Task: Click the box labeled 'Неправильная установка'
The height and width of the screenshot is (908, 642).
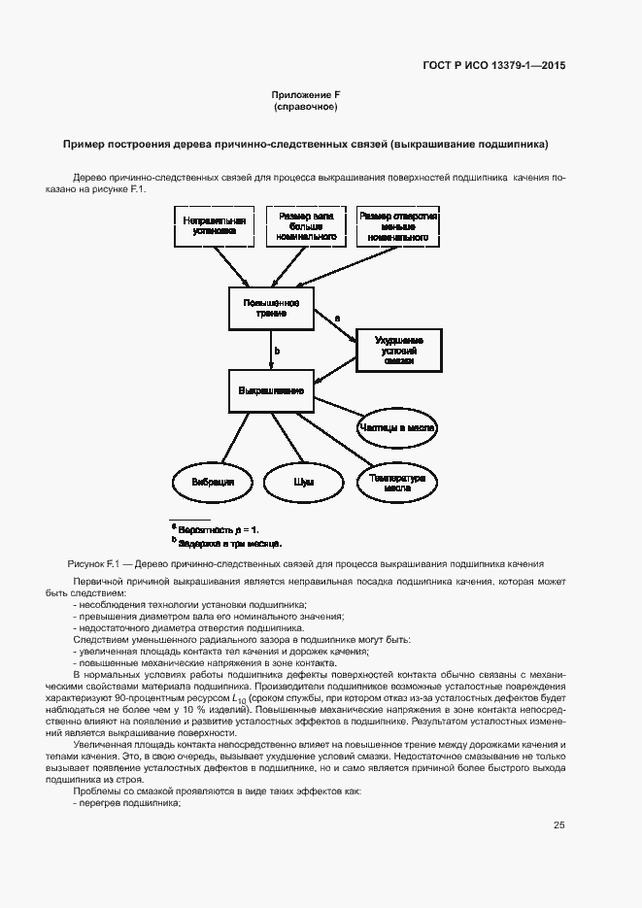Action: (215, 226)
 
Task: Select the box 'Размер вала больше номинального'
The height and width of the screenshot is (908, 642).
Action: (306, 226)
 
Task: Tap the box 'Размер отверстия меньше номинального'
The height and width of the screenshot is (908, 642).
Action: (398, 226)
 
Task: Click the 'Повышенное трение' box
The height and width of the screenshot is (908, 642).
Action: (271, 308)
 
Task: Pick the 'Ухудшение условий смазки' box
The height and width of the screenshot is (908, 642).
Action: (397, 351)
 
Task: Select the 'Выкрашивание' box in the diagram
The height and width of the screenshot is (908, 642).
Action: (271, 390)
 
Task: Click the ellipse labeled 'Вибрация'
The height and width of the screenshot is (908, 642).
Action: (212, 482)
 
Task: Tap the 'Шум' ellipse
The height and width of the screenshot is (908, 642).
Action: (304, 482)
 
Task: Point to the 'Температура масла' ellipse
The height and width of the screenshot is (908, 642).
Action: (397, 482)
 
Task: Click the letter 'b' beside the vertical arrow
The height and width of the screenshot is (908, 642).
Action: (277, 351)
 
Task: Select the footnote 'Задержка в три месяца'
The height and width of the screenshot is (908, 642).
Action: (230, 542)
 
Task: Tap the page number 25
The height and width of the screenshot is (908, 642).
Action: (559, 824)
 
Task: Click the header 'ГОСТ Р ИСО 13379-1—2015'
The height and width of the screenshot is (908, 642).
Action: (493, 65)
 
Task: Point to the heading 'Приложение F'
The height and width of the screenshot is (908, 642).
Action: (306, 95)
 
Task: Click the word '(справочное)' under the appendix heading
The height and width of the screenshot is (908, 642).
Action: (306, 106)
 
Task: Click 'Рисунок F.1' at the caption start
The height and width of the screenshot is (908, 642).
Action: (93, 563)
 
